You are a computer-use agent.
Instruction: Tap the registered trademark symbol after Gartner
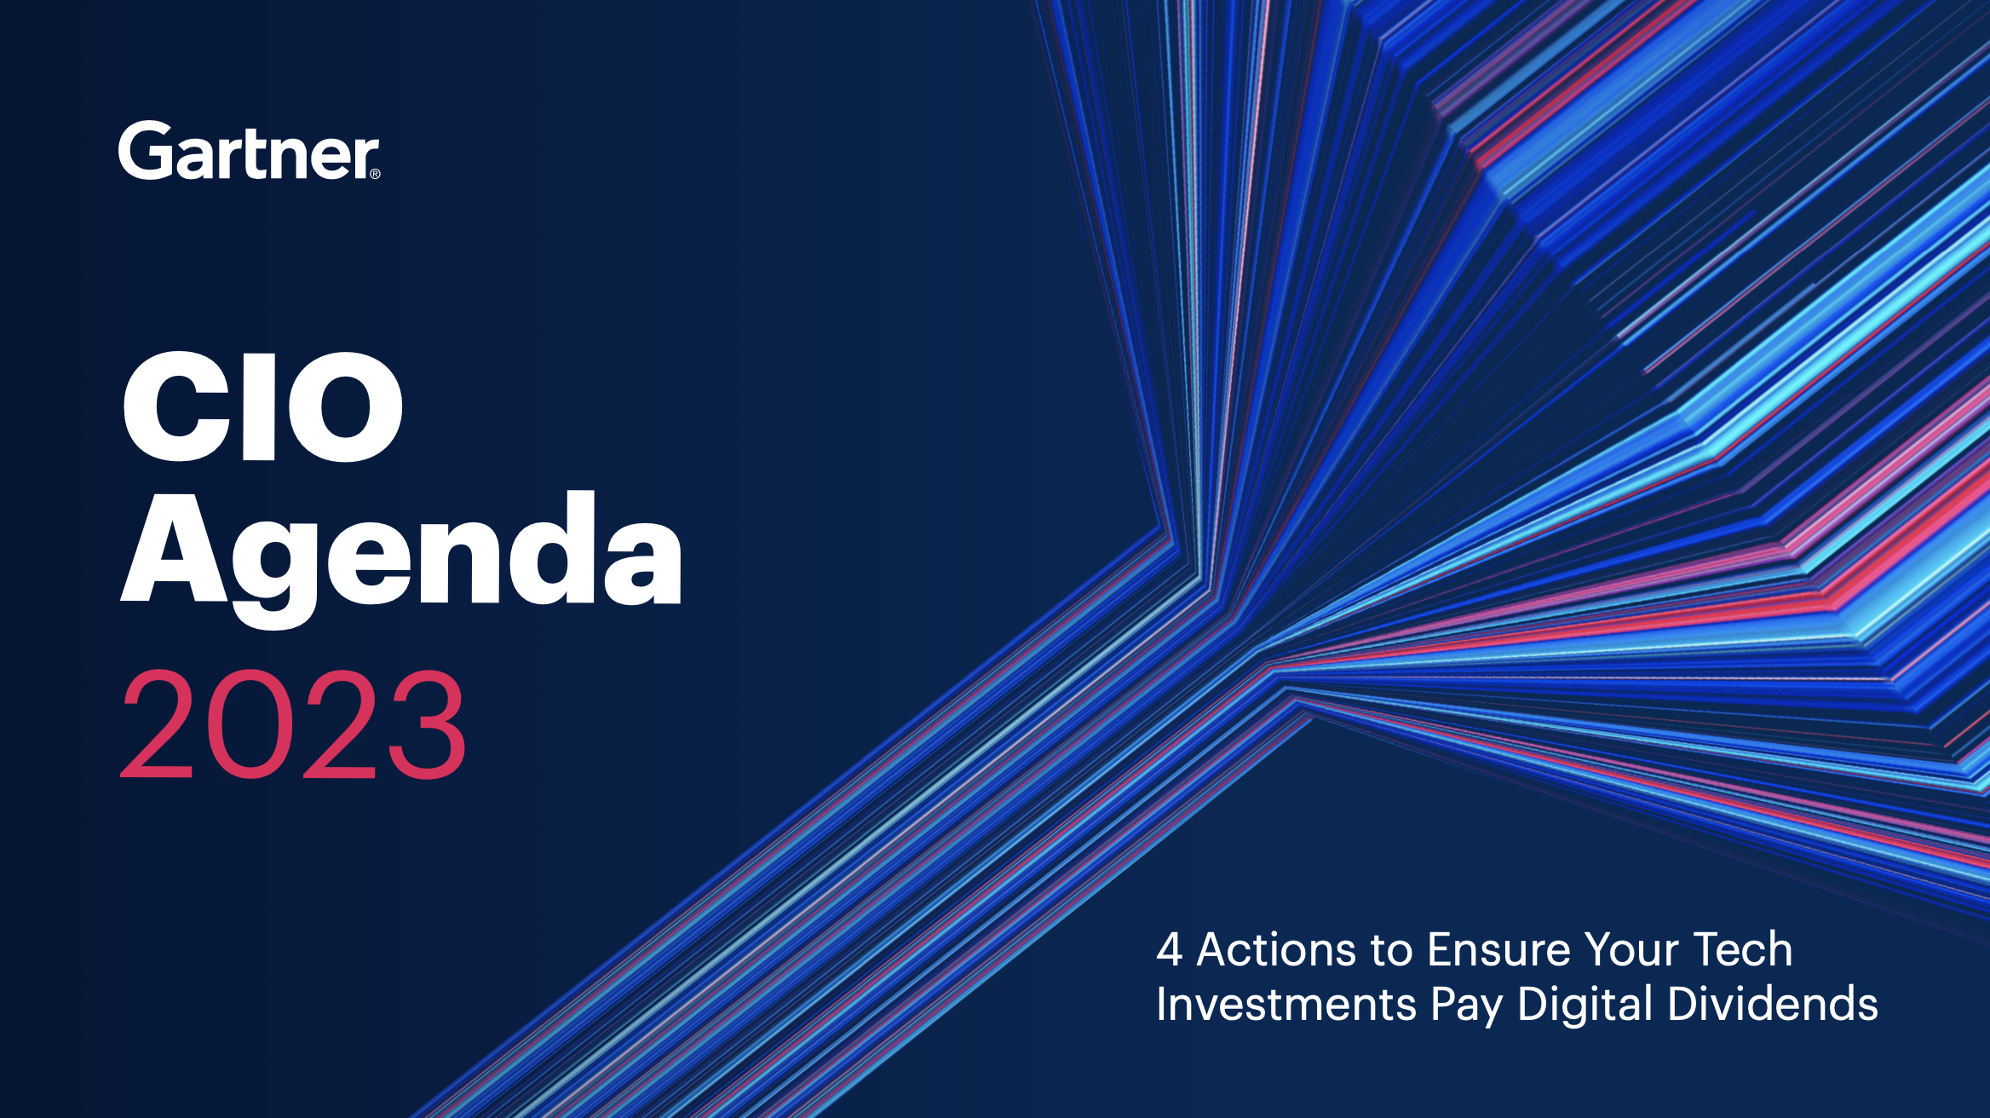[x=375, y=174]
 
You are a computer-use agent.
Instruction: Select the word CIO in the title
[x=262, y=406]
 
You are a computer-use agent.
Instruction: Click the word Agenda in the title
[x=401, y=559]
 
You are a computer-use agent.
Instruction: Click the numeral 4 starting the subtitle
[x=1170, y=949]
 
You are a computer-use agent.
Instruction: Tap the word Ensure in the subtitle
[x=1499, y=949]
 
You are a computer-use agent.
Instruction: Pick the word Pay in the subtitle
[x=1467, y=1006]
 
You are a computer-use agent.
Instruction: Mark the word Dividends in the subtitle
[x=1773, y=1003]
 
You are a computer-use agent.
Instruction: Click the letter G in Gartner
[x=147, y=150]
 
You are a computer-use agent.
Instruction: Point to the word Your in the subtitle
[x=1631, y=949]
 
